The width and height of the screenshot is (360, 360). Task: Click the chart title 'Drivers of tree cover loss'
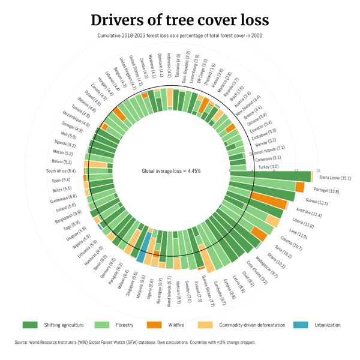pyautogui.click(x=180, y=19)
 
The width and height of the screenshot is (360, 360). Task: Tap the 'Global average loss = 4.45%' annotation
pyautogui.click(x=171, y=171)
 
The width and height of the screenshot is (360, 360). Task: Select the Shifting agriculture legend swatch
pyautogui.click(x=30, y=325)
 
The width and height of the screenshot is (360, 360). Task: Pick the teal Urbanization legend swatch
pyautogui.click(x=301, y=325)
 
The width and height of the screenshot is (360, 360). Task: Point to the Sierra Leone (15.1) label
pyautogui.click(x=335, y=178)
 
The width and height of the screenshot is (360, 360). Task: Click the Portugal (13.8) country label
pyautogui.click(x=326, y=191)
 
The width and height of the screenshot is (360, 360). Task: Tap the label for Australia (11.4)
pyautogui.click(x=309, y=214)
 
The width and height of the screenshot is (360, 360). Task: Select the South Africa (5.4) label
pyautogui.click(x=61, y=171)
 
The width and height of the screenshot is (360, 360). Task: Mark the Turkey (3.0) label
pyautogui.click(x=268, y=167)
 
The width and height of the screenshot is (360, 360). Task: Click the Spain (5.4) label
pyautogui.click(x=61, y=180)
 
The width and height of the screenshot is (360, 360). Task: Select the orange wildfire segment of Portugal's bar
pyautogui.click(x=300, y=187)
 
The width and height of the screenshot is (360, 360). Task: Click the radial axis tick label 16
pyautogui.click(x=318, y=170)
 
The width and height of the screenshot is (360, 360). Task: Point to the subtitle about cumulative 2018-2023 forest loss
pyautogui.click(x=180, y=35)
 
